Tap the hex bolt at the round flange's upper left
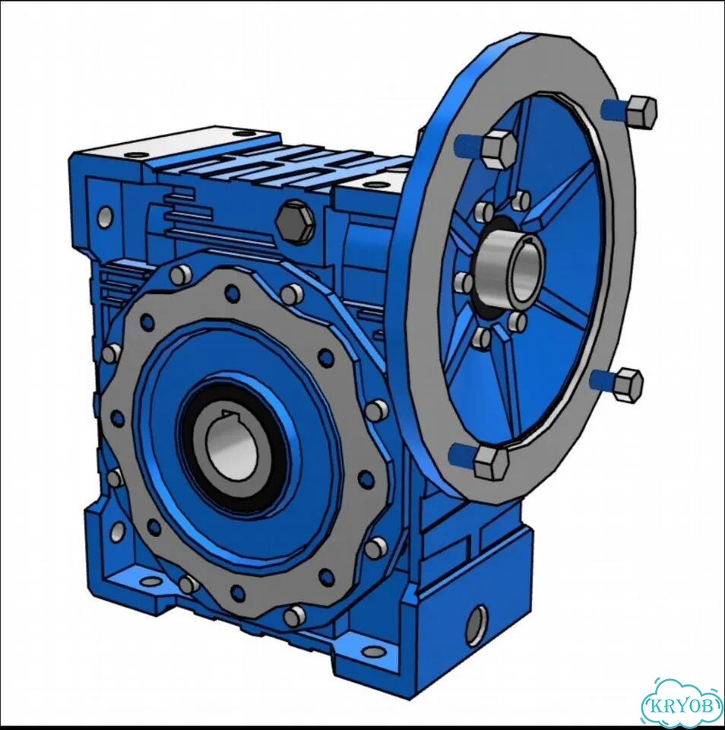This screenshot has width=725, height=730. pyautogui.click(x=499, y=148)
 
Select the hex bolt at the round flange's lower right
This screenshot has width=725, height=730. pyautogui.click(x=627, y=385)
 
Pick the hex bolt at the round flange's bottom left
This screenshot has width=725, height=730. pyautogui.click(x=491, y=463)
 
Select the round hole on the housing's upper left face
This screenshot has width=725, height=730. pyautogui.click(x=105, y=216)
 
